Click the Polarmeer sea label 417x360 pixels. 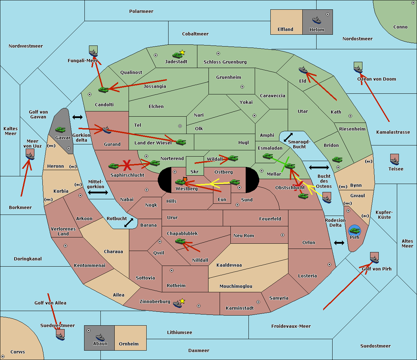pos(141,11)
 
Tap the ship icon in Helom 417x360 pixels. pos(317,20)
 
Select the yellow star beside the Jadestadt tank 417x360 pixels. pos(182,52)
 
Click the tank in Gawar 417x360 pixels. pos(60,129)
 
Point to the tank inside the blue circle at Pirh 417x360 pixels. pos(355,231)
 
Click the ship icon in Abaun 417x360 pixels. pos(100,337)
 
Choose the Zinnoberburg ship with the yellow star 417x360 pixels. pos(178,304)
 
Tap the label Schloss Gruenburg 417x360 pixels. pos(225,62)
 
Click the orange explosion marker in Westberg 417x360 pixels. pos(185,179)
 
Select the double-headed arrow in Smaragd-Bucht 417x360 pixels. pos(288,137)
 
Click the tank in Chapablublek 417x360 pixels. pos(180,241)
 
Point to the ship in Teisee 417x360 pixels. pos(394,161)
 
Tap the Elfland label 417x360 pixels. pos(285,29)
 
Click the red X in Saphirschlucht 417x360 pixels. pos(127,165)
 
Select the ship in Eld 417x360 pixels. pos(303,70)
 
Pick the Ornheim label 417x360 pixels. pos(129,344)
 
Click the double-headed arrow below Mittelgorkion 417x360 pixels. pos(98,192)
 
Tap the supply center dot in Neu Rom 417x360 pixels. pos(283,235)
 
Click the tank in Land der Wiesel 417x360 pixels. pos(181,142)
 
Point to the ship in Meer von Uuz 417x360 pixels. pos(30,156)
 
